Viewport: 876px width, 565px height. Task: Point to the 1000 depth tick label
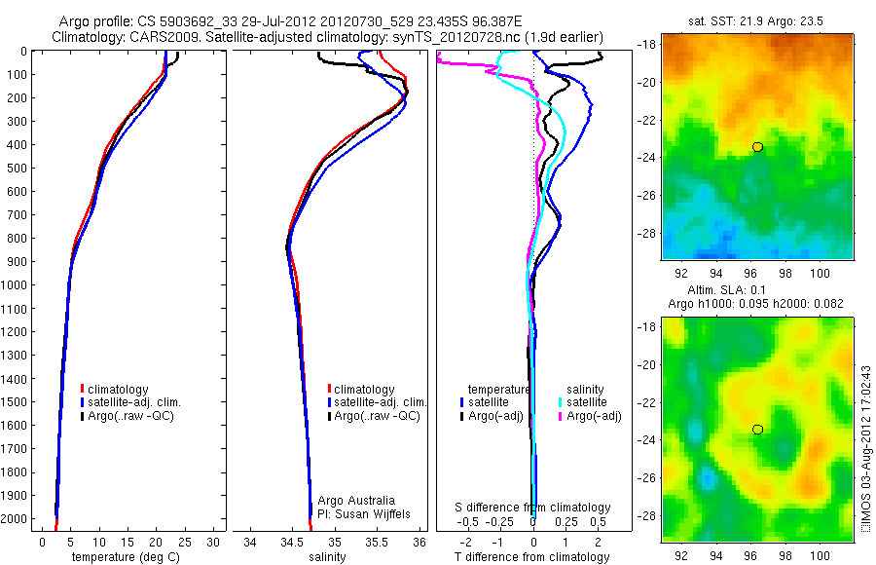(x=16, y=285)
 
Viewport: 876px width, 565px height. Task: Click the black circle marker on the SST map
(x=757, y=147)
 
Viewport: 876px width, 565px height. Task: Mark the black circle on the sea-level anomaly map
(x=757, y=430)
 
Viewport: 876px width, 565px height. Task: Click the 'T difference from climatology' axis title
(x=533, y=557)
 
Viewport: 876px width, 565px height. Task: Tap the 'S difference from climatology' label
(x=533, y=508)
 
